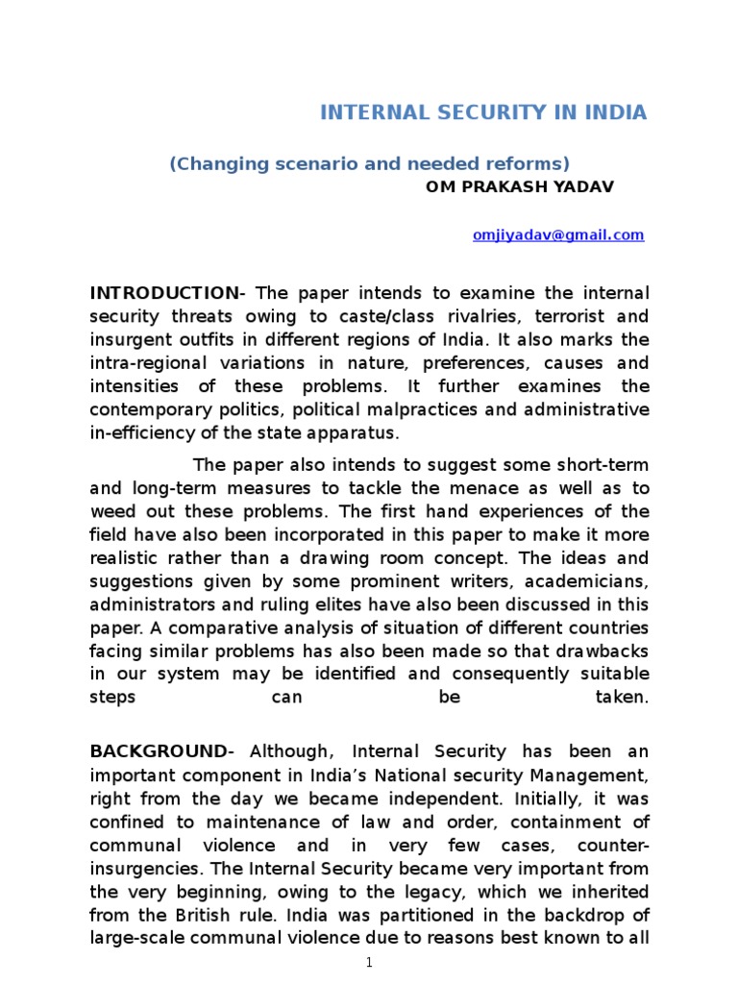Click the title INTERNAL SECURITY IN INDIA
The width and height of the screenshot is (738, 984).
tap(483, 113)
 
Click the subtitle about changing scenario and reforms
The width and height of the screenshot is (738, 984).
tap(369, 163)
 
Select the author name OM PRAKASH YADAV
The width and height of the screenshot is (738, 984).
tap(519, 186)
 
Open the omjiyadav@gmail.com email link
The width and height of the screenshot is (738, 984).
tap(558, 235)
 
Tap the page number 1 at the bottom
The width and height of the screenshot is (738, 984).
tap(369, 963)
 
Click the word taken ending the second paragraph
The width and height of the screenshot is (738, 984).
tap(623, 699)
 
